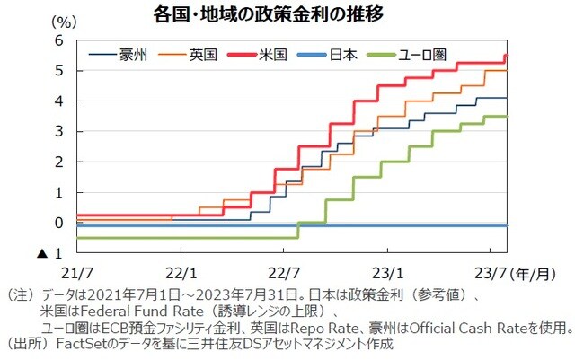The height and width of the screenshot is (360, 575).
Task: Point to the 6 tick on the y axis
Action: (x=58, y=41)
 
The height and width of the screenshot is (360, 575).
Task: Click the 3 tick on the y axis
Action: (x=58, y=132)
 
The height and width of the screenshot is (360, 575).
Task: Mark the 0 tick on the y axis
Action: (x=58, y=223)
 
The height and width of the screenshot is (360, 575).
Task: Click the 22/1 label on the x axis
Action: (x=181, y=270)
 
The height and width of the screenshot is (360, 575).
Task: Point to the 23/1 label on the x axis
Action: (x=389, y=270)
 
